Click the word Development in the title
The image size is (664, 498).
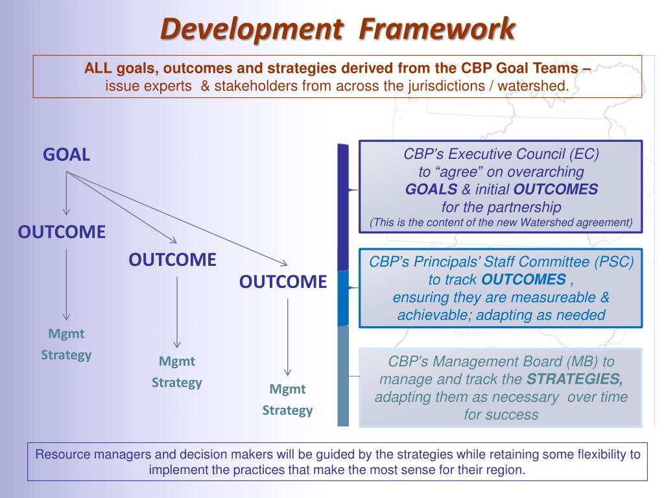[251, 28]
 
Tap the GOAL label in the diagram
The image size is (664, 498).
[66, 155]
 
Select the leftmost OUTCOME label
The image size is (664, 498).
[62, 232]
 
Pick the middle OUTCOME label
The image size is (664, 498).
[172, 260]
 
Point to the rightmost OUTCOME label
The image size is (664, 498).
[283, 282]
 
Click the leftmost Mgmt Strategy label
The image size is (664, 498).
[66, 344]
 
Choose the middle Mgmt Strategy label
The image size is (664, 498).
[177, 372]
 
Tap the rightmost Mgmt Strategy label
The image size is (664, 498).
[287, 399]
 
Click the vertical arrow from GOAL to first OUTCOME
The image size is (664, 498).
[66, 195]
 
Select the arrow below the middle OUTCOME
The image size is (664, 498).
[177, 311]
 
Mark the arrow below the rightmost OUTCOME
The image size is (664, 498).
[288, 337]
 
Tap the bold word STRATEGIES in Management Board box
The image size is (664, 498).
[575, 379]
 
